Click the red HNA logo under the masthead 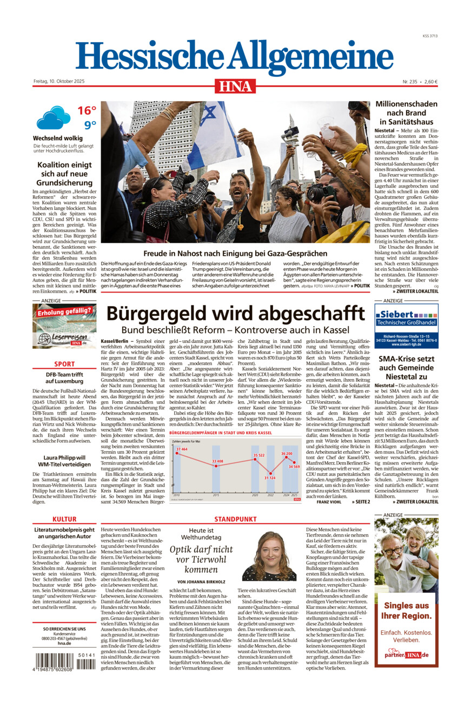click(x=235, y=85)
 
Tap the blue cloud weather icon click(x=53, y=117)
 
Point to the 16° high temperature click(x=87, y=111)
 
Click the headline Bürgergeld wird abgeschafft click(x=235, y=314)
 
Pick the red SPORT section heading click(x=64, y=364)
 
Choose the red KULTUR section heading click(x=64, y=520)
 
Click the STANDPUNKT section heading click(x=235, y=520)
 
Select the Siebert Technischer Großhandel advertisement click(x=406, y=326)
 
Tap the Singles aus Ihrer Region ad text click(x=406, y=611)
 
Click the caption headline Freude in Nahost click(x=235, y=253)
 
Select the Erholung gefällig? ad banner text click(x=64, y=310)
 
